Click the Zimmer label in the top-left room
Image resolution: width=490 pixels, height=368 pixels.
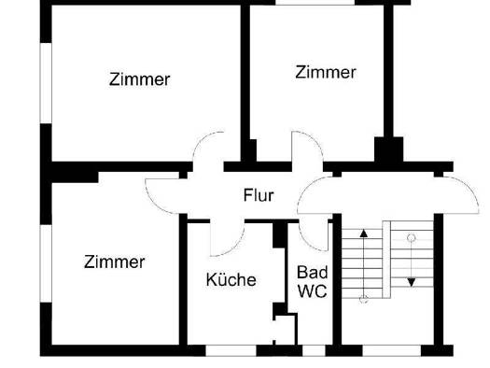coord(140,80)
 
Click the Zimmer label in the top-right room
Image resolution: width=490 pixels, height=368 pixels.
coord(326,72)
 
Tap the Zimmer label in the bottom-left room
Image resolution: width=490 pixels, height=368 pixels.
coord(115,262)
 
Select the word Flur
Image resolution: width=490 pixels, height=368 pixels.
coord(258,196)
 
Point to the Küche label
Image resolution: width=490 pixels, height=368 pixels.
coord(231,279)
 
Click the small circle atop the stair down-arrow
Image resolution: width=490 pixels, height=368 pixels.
coord(412,239)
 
